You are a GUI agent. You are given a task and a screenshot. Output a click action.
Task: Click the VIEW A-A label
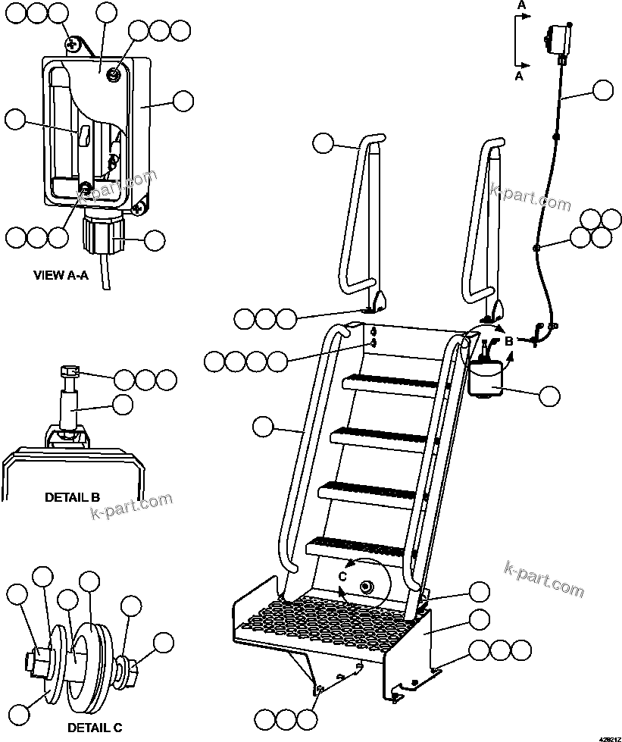coord(61,275)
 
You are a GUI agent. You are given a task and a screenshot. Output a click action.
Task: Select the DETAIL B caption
coord(72,498)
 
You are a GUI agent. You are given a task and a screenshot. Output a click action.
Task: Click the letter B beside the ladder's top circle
coord(509,341)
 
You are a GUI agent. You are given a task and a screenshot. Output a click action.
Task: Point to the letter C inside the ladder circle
coord(342,576)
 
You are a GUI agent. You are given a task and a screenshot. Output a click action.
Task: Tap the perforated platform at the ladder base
coord(326,618)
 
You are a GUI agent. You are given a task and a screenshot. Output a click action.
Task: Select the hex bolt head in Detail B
coord(68,372)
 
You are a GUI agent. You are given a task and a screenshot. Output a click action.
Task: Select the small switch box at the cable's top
coord(558,38)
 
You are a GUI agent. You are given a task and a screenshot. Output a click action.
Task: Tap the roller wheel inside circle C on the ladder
coord(367,587)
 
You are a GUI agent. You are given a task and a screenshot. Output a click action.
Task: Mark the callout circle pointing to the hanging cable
coord(602,91)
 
